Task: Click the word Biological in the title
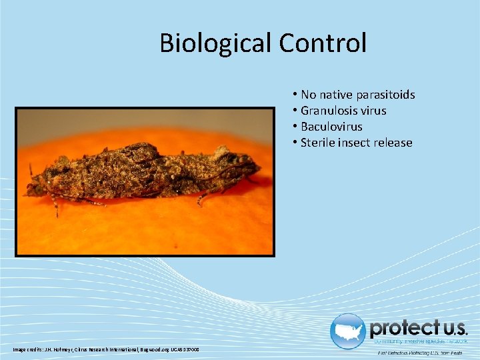[x=215, y=43]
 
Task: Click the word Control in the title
[x=323, y=43]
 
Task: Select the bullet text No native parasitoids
[x=357, y=95]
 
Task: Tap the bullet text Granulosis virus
[x=343, y=111]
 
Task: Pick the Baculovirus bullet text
[x=331, y=127]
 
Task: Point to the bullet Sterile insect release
[x=356, y=143]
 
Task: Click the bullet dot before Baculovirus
[x=294, y=127]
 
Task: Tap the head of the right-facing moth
[x=250, y=163]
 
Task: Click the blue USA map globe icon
[x=347, y=331]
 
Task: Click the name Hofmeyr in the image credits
[x=63, y=350]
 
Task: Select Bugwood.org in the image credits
[x=154, y=350]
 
